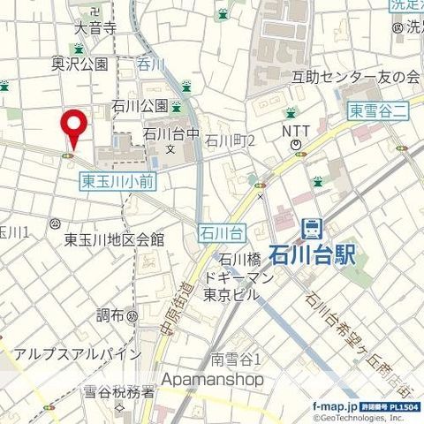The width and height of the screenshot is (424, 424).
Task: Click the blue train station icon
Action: click(312, 229)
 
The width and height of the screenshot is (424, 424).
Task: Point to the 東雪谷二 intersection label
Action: click(375, 110)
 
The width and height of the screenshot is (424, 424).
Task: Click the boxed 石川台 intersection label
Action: click(221, 233)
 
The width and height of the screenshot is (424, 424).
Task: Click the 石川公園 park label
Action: click(140, 106)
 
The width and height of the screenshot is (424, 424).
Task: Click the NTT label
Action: click(295, 130)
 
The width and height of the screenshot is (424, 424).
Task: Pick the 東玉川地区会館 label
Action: click(114, 239)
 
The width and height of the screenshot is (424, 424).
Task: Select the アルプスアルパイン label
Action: click(77, 354)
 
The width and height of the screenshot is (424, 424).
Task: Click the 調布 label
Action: click(110, 314)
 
